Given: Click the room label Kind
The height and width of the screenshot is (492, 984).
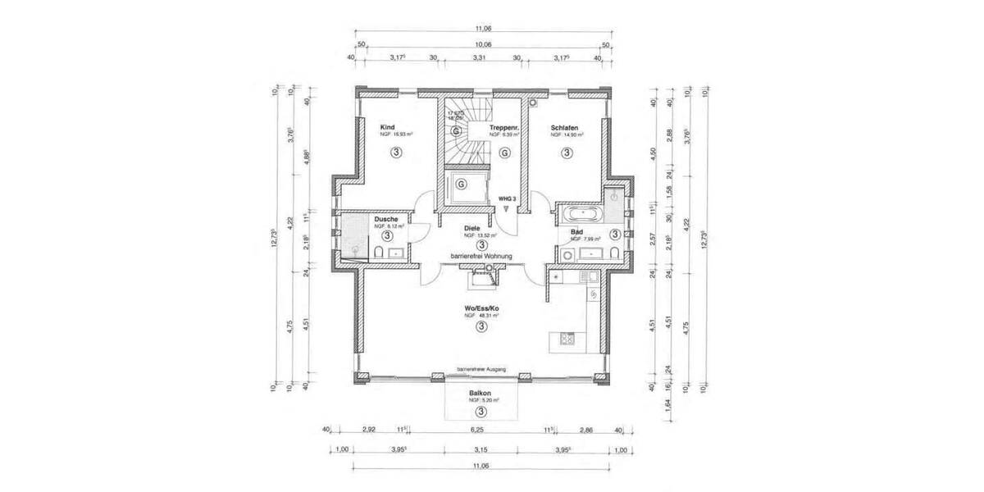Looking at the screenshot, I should [389, 128].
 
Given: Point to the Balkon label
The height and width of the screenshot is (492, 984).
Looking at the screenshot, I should [481, 394].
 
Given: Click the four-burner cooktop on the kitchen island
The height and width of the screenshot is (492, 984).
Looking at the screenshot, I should [565, 337].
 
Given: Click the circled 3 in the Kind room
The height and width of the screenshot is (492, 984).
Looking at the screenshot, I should [396, 152].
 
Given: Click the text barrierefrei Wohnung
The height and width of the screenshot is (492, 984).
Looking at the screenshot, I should [481, 256].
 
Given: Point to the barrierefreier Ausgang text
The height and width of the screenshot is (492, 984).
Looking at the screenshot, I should [481, 370].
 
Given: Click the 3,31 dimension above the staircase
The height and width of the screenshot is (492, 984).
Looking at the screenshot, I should [481, 57].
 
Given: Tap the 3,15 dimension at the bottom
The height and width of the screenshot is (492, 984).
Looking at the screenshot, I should [481, 449].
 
